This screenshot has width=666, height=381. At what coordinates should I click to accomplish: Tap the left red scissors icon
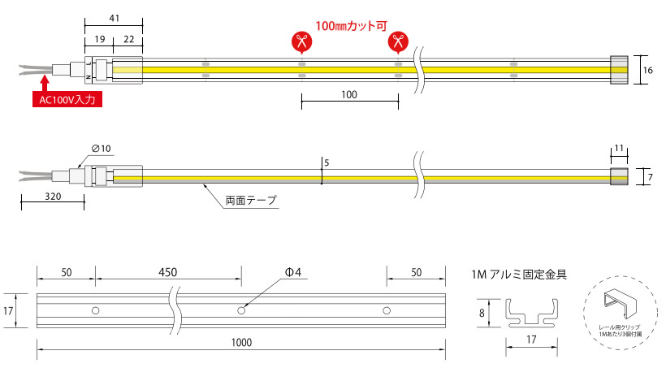[301, 41]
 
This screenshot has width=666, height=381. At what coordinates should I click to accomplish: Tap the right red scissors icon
[398, 41]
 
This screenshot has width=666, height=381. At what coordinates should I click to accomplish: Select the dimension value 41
[114, 17]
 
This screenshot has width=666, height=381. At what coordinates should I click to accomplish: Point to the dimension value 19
[97, 39]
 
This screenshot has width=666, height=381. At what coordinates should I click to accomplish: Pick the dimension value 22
[128, 39]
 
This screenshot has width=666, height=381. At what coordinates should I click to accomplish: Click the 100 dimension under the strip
[349, 95]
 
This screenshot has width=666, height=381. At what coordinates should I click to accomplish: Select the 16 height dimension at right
[647, 71]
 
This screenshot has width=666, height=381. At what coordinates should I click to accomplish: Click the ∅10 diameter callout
[102, 148]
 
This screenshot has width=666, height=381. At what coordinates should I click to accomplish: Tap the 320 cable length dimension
[53, 197]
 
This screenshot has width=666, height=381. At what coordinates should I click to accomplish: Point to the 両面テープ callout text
[251, 199]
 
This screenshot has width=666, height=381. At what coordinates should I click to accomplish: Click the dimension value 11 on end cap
[619, 149]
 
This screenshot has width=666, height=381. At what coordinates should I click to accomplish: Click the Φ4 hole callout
[293, 272]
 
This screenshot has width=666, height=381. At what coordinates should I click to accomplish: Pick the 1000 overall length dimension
[240, 343]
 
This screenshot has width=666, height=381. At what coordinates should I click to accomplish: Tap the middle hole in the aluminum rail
[240, 310]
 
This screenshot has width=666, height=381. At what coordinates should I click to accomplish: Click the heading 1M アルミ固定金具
[518, 275]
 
